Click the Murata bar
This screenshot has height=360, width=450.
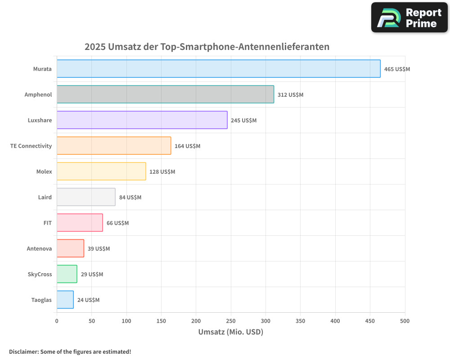[x=218, y=69]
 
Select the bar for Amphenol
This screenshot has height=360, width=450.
[x=165, y=94]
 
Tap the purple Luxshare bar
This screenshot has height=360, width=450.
[x=142, y=120]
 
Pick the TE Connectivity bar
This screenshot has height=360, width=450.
[x=114, y=146]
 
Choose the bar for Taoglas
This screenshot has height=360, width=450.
[x=65, y=300]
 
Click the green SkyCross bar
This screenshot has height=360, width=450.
[x=67, y=274]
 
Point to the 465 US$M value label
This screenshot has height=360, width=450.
[x=397, y=69]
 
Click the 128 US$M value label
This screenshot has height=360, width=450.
[x=162, y=172]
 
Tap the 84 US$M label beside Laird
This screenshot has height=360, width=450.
[x=130, y=198]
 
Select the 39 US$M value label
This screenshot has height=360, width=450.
[x=99, y=249]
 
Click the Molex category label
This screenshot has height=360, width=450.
[x=44, y=172]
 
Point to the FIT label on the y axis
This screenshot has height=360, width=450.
[x=47, y=223]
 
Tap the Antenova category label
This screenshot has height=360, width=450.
[x=39, y=249]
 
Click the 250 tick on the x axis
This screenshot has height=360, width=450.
[x=231, y=321]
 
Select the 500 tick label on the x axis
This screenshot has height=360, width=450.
[x=405, y=321]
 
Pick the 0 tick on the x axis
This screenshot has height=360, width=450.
[x=57, y=321]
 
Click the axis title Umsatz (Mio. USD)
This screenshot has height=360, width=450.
[x=230, y=332]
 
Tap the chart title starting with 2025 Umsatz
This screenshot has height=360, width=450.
[x=207, y=47]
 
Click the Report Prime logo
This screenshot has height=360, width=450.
[x=409, y=18]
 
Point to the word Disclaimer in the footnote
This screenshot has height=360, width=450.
[x=23, y=351]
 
